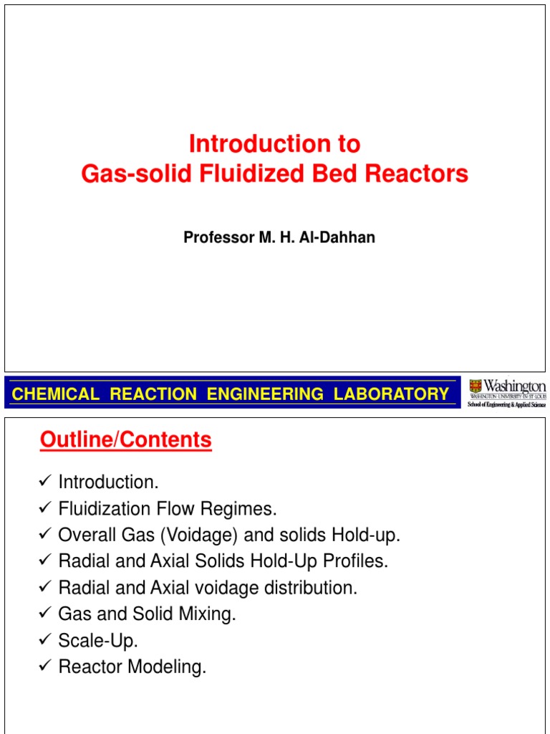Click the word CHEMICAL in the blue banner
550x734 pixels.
tap(57, 394)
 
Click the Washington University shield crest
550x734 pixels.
tap(475, 387)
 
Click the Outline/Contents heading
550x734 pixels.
tap(126, 439)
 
